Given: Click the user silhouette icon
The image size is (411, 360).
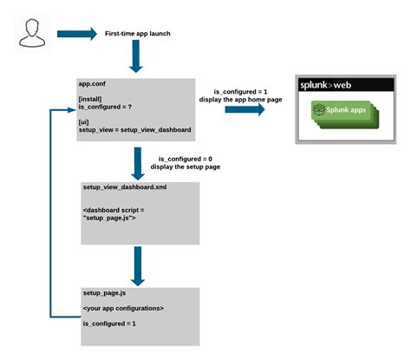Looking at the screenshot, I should tap(31, 35).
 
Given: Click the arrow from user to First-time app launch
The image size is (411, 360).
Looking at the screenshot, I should tap(77, 36).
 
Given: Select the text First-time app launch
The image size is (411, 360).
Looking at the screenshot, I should tap(138, 34).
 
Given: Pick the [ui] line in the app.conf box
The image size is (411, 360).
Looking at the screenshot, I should tap(84, 122).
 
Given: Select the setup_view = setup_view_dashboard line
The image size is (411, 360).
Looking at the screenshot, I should tap(134, 130).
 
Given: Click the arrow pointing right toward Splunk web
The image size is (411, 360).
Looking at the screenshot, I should tap(245, 110).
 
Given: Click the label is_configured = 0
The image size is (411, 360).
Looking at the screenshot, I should tap(186, 159).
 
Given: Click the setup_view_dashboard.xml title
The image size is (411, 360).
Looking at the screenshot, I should tap(125, 187).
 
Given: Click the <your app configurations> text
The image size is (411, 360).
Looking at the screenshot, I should tap(123, 309).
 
